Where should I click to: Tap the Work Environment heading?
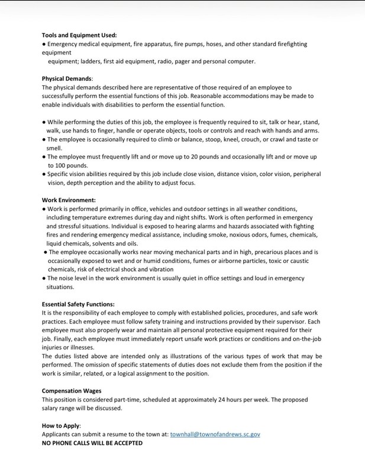pyautogui.click(x=69, y=200)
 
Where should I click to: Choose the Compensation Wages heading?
pyautogui.click(x=72, y=390)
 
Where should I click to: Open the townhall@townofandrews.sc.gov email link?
pyautogui.click(x=215, y=434)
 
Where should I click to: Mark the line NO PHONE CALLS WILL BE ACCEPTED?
pyautogui.click(x=92, y=443)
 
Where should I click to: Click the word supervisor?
pyautogui.click(x=275, y=321)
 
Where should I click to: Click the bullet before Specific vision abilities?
pyautogui.click(x=44, y=174)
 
